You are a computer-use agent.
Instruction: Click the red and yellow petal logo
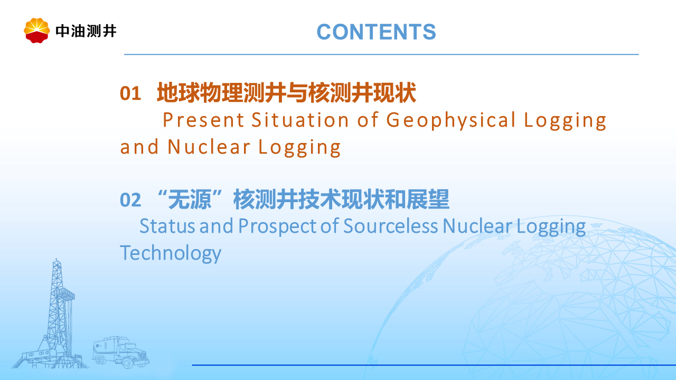point(37,31)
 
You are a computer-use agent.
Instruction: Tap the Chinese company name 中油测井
point(86,31)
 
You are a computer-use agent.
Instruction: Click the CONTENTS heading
point(377,32)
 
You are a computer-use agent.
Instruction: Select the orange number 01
point(130,93)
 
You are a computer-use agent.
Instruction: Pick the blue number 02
point(130,200)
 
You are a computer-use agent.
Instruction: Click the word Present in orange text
point(203,120)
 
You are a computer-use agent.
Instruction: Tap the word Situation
point(301,120)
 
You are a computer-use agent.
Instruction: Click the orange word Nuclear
point(209,147)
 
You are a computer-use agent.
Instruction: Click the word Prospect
point(277,227)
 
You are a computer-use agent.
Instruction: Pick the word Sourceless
point(390,226)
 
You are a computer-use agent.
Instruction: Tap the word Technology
point(171,253)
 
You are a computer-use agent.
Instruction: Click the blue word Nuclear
point(477,226)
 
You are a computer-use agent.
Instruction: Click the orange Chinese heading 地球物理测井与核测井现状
point(286,92)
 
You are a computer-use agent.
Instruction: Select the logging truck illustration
point(121,352)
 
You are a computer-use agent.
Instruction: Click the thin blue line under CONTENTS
point(381,54)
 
